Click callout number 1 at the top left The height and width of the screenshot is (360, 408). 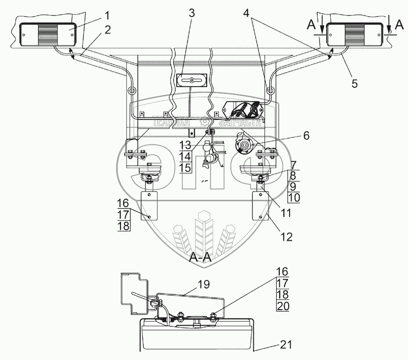click(x=107, y=16)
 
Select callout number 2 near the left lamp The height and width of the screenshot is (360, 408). click(x=107, y=30)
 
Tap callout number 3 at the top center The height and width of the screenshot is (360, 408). click(x=192, y=13)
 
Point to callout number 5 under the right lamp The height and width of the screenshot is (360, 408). click(x=355, y=83)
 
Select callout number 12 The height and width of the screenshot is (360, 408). click(x=288, y=236)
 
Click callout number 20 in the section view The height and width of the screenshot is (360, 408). click(x=282, y=306)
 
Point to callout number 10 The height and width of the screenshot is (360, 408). click(x=293, y=197)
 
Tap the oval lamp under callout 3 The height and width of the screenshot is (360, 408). click(x=191, y=81)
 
